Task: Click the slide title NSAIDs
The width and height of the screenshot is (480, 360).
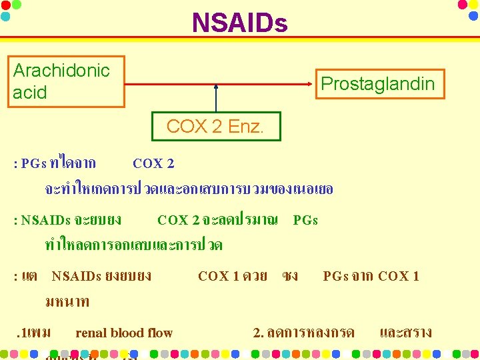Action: coord(239,24)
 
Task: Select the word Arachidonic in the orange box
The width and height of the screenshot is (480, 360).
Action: coord(61,71)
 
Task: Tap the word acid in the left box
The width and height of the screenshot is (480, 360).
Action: coord(30,93)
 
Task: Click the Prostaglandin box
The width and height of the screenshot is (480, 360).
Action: coord(377,83)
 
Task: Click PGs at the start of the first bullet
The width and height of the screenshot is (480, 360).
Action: coord(33,163)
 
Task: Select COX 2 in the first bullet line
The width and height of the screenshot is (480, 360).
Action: coord(153,163)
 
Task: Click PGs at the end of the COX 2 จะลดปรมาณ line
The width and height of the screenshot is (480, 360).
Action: coord(305,220)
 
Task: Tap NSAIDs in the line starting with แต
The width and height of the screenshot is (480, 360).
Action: coord(76,276)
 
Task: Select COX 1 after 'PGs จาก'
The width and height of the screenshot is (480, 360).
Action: coord(399,276)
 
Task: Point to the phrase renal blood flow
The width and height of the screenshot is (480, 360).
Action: coord(124,333)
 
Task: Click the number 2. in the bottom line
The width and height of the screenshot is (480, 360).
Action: coord(259,333)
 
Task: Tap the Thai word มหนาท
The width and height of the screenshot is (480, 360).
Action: coord(67,302)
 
